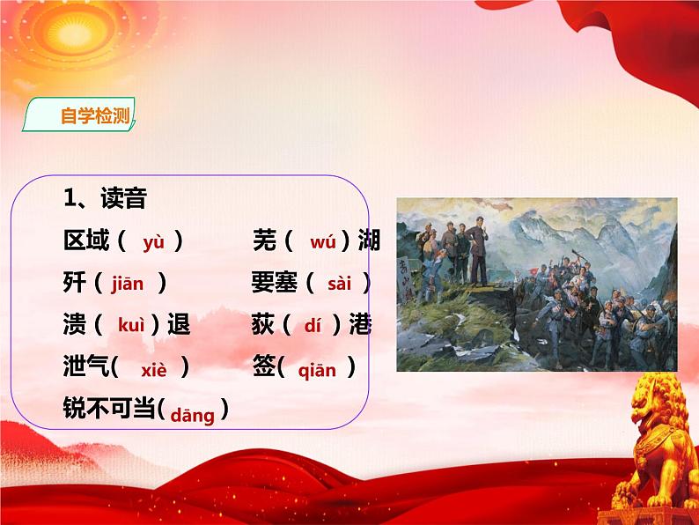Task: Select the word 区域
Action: (x=85, y=240)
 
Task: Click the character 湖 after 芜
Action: (x=370, y=240)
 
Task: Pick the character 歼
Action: (x=75, y=283)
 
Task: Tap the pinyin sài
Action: (x=339, y=284)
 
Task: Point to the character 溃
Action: (x=75, y=325)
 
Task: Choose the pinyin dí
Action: (x=313, y=325)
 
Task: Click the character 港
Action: (x=360, y=325)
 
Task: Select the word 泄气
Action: (x=85, y=368)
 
